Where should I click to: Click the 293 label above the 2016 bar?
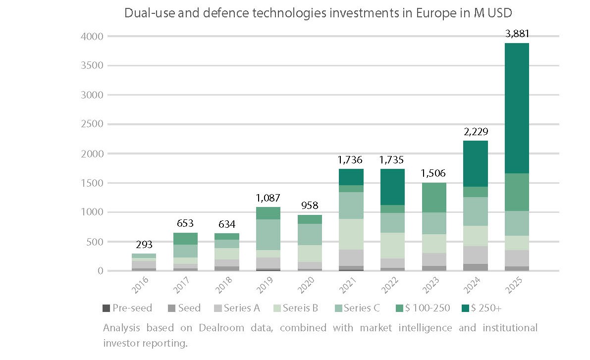144,245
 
